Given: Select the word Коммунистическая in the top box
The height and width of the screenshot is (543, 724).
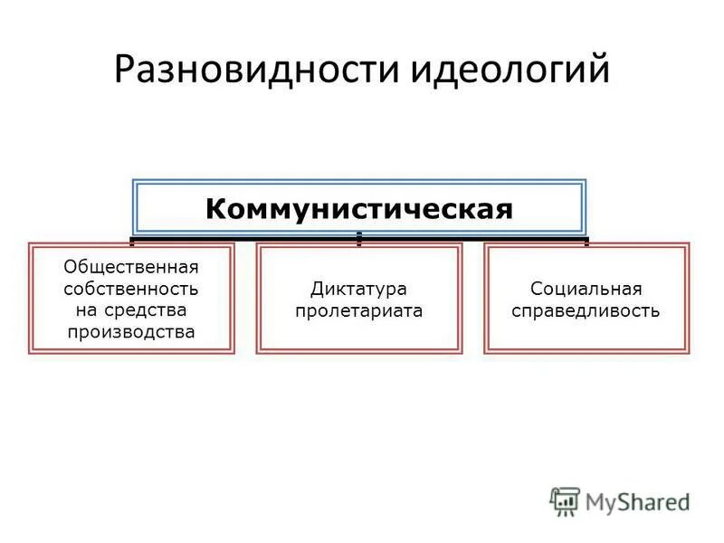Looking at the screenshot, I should click(359, 209).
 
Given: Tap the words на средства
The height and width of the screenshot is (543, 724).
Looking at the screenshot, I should click(131, 310).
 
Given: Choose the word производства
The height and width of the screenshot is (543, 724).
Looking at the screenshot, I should click(131, 332).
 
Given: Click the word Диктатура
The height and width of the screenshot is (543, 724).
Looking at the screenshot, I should click(359, 289).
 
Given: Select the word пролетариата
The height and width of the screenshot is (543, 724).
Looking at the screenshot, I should click(359, 310).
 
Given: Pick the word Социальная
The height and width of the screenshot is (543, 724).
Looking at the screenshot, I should click(586, 289).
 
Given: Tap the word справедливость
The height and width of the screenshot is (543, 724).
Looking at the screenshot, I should click(586, 310).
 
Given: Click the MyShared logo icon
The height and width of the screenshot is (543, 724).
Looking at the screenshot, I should click(565, 500).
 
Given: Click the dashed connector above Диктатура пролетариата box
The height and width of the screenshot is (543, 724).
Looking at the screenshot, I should click(359, 239).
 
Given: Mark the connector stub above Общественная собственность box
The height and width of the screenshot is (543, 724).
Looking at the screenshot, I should click(132, 242).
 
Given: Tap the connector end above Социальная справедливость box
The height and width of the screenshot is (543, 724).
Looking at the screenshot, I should click(586, 242).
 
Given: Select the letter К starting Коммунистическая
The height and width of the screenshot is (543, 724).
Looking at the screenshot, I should click(214, 209).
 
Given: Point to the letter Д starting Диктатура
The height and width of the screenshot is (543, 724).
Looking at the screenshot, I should click(316, 289).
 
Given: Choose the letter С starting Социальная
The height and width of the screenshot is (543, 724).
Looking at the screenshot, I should click(536, 289).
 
